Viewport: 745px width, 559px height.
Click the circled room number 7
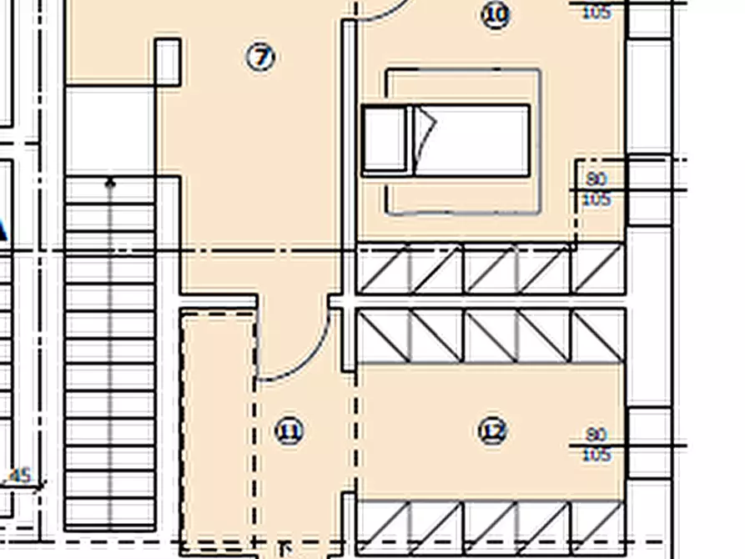pyautogui.click(x=261, y=58)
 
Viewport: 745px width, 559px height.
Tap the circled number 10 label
pyautogui.click(x=496, y=14)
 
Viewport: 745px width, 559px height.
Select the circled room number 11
pyautogui.click(x=289, y=431)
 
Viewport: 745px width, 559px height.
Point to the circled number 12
pyautogui.click(x=493, y=431)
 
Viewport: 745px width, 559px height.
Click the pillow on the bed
pyautogui.click(x=386, y=140)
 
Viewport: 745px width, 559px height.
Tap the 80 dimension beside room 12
pyautogui.click(x=596, y=435)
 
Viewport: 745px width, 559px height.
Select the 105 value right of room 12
pyautogui.click(x=596, y=455)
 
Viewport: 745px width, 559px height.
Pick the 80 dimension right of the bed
pyautogui.click(x=596, y=179)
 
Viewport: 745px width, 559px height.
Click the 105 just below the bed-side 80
pyautogui.click(x=596, y=199)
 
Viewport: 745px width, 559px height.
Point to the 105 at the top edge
pyautogui.click(x=596, y=13)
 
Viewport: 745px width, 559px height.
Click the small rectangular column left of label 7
pyautogui.click(x=168, y=62)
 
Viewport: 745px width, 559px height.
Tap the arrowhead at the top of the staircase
pyautogui.click(x=110, y=181)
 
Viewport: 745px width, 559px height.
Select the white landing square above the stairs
pyautogui.click(x=110, y=129)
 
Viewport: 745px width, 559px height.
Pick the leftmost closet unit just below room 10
pyautogui.click(x=384, y=269)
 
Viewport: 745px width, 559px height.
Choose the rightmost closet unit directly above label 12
pyautogui.click(x=599, y=335)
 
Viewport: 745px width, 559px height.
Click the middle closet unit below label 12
pyautogui.click(x=491, y=527)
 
